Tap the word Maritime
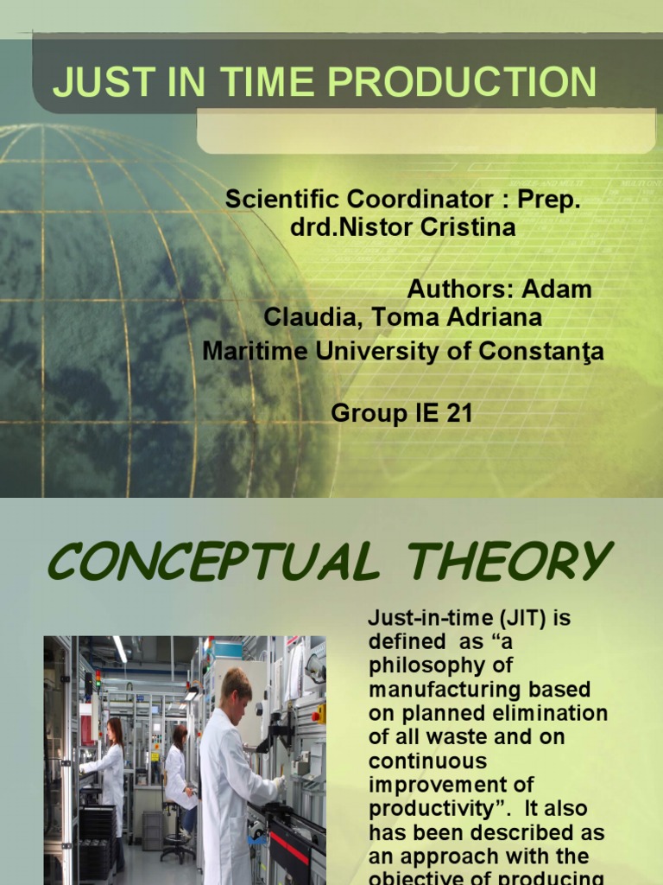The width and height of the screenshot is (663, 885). [x=243, y=351]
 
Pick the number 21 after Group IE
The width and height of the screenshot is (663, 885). [x=458, y=413]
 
